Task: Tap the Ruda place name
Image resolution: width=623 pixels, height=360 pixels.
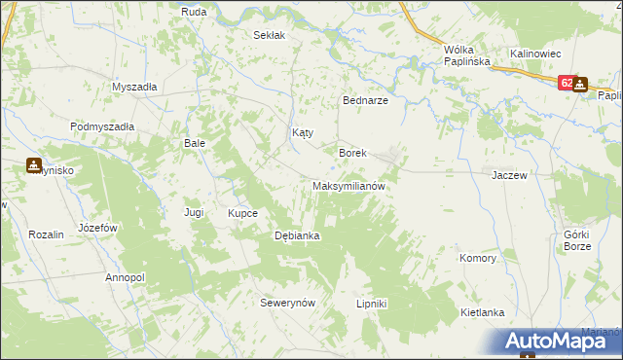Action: (193, 11)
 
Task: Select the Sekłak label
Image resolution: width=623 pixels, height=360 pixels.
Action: (269, 35)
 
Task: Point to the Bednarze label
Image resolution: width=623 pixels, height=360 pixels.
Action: (366, 100)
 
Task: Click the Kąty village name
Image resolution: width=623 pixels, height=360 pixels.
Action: (303, 132)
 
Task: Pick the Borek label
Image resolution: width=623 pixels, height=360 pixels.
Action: (351, 153)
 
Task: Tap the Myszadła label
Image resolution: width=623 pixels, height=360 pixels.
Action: (134, 86)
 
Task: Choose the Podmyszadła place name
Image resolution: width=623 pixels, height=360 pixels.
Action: (102, 126)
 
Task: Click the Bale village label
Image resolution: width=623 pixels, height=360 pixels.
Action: (195, 142)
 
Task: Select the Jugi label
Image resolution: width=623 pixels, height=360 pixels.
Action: (194, 211)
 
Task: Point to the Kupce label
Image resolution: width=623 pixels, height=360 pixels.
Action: (242, 213)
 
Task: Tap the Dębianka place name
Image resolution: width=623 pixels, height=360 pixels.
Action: (298, 235)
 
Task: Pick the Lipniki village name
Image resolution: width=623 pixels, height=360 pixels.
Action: (372, 304)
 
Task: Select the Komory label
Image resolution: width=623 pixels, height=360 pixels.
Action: (478, 259)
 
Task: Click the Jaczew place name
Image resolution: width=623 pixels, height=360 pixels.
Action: (509, 175)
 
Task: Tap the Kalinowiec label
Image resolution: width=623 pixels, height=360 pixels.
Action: (531, 53)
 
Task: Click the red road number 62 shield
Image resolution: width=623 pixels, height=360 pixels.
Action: (565, 85)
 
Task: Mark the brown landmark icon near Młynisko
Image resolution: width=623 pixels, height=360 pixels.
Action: (34, 165)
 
